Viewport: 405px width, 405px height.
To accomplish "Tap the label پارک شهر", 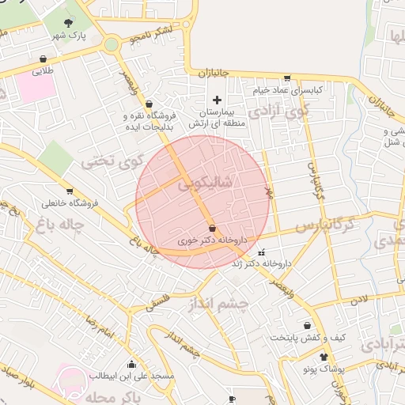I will (69, 36).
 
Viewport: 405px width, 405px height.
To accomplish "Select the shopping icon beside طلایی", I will (43, 59).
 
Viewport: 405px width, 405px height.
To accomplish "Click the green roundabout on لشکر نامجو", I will (112, 44).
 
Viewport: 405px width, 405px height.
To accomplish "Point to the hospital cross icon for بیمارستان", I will (217, 100).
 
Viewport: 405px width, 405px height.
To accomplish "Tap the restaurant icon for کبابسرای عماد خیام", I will (286, 78).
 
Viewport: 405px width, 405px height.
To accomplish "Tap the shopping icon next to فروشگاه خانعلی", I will (70, 191).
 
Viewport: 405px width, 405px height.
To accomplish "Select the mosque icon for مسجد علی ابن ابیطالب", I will (131, 365).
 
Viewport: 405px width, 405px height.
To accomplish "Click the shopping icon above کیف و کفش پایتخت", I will (307, 325).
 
